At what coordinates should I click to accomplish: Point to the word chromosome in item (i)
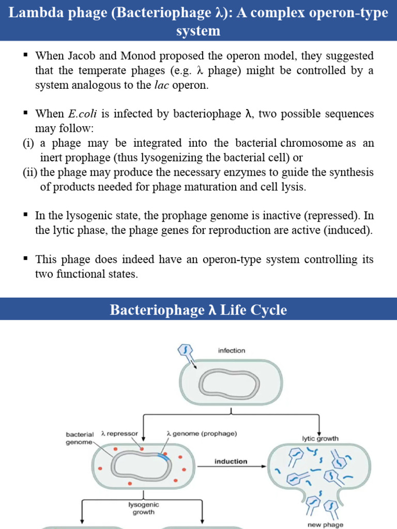(x=312, y=143)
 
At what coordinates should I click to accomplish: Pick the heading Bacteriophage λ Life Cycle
(x=198, y=310)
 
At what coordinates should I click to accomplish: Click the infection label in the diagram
(x=231, y=350)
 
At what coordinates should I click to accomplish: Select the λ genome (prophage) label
(x=202, y=434)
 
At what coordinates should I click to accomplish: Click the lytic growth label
(x=320, y=439)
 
